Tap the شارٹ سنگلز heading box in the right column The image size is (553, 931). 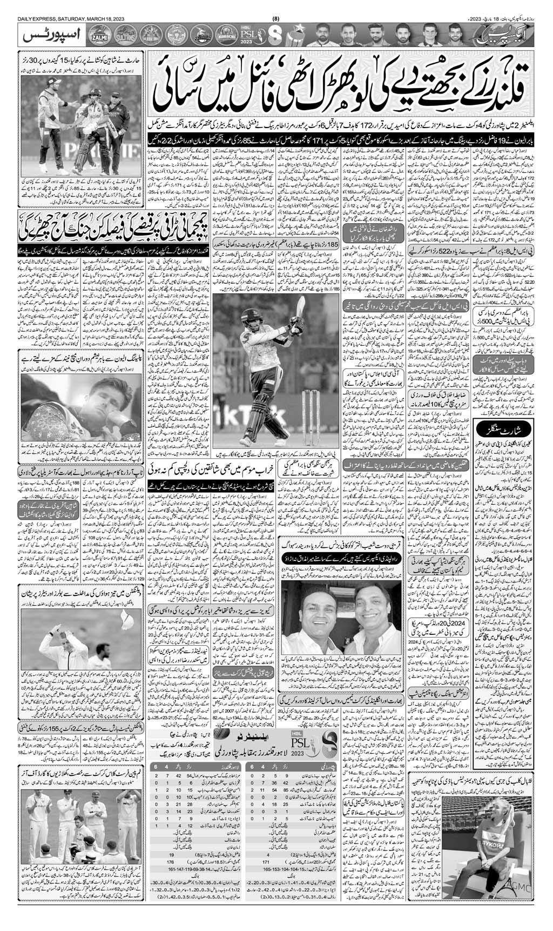[x=505, y=430]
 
